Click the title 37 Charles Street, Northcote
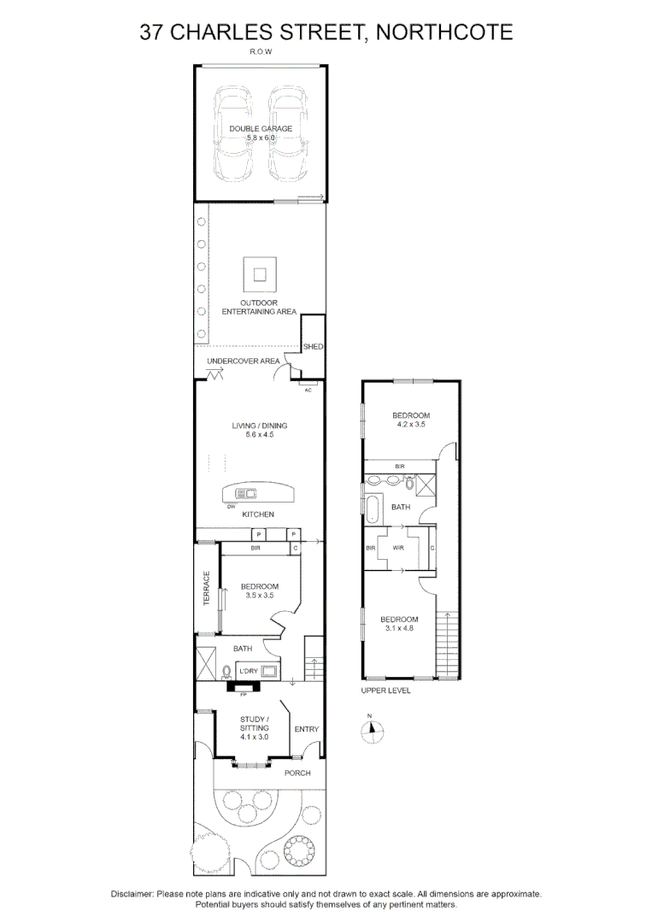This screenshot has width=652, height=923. point(326,32)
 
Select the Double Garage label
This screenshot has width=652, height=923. point(260,129)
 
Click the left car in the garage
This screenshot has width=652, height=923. point(233,132)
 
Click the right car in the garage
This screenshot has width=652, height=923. point(287,132)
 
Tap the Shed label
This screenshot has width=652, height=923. point(314,347)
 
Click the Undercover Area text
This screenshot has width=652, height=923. point(243,362)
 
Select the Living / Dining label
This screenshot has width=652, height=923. point(259,426)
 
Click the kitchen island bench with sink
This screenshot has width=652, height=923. point(257,494)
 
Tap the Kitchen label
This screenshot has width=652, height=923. point(257,514)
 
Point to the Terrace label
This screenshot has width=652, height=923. point(206,589)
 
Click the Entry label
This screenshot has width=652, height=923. point(306,729)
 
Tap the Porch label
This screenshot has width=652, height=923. point(297,773)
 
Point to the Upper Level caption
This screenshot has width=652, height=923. point(385,691)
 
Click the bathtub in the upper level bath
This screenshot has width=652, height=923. point(373,507)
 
